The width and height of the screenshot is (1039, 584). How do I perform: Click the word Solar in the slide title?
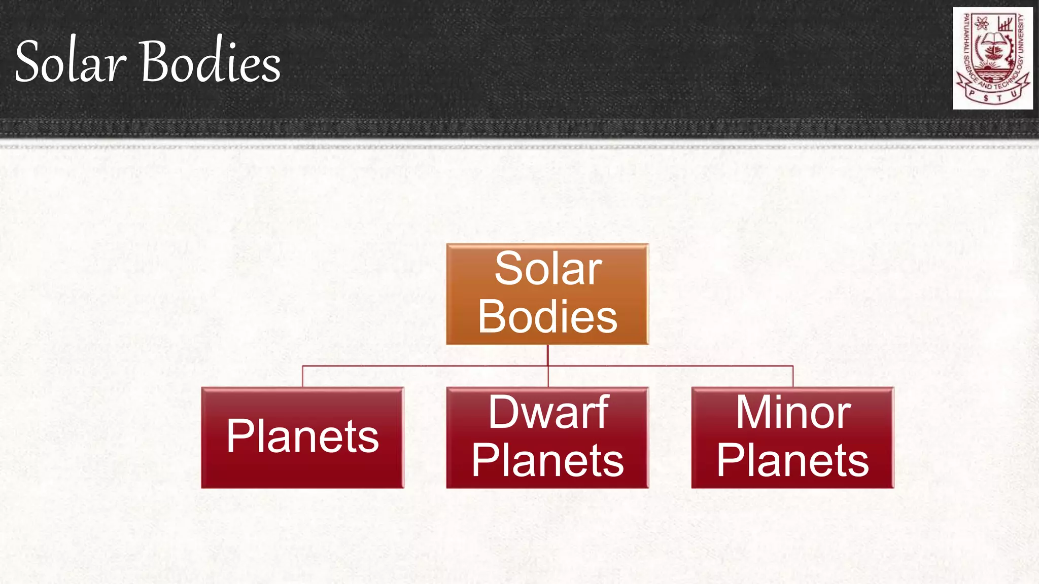(71, 62)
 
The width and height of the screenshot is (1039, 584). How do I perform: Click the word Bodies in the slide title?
(210, 62)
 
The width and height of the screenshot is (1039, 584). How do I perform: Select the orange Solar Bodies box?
(547, 294)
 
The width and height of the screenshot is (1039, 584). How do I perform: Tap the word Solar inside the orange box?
(548, 269)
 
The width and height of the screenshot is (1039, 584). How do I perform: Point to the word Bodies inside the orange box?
(547, 316)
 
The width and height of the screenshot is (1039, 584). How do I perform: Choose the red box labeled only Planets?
(302, 437)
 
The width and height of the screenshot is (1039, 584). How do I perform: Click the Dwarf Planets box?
(547, 437)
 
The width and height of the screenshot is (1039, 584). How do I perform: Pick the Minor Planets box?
(792, 437)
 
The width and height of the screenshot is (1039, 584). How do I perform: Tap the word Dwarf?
(548, 413)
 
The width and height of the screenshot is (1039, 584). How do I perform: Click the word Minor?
(793, 413)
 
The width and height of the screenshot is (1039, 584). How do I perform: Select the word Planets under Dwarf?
(547, 460)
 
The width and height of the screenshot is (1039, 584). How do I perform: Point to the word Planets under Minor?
(792, 460)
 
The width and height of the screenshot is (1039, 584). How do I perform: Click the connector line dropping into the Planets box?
(302, 376)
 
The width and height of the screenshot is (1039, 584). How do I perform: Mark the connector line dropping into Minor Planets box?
(793, 376)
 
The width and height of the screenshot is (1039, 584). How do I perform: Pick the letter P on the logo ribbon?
(972, 93)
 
